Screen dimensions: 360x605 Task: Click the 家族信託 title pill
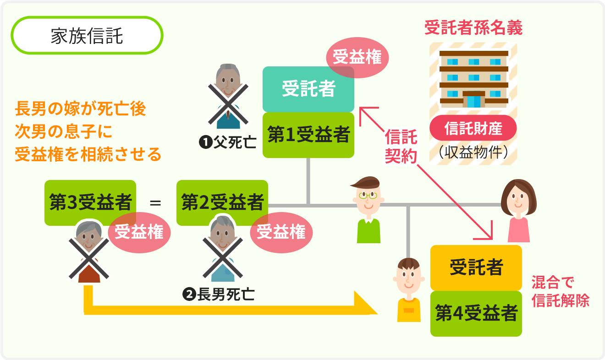pos(87,36)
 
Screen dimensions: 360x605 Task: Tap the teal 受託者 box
pos(308,89)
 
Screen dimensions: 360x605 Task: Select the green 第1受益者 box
pos(308,135)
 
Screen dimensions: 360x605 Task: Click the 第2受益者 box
pos(222,202)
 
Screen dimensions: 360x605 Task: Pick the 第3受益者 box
pos(90,202)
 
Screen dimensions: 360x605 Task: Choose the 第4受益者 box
pos(476,314)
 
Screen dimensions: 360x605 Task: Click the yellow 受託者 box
pos(476,268)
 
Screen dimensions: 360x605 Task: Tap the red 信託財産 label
pos(473,128)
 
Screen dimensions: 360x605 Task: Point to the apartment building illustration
pos(473,79)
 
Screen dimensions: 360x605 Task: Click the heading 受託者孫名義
pos(473,29)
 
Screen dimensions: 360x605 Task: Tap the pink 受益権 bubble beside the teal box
pos(357,58)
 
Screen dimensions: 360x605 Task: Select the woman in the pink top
pos(518,211)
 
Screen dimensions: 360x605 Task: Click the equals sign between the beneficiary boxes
pos(156,202)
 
